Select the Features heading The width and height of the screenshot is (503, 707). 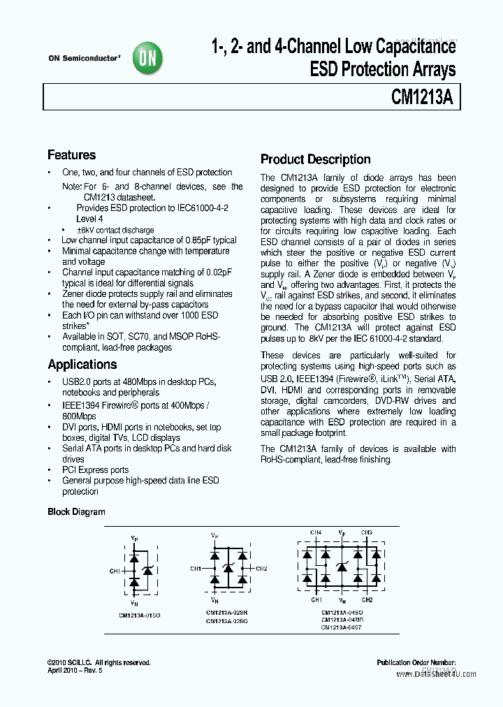[71, 155]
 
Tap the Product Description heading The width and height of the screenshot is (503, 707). [315, 159]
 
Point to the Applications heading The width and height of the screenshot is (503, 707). [82, 365]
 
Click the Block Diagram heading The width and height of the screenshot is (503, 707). [76, 512]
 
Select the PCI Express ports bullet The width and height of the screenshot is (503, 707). [95, 470]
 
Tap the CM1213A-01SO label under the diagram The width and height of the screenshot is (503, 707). [139, 615]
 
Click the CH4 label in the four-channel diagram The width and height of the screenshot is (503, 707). [316, 532]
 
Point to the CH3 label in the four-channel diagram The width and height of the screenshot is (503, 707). [367, 532]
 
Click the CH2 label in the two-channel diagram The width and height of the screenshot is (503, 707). [261, 569]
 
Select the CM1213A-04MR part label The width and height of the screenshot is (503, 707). [342, 620]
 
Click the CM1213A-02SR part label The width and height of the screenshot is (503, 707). [227, 613]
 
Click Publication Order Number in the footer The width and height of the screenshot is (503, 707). [416, 662]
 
